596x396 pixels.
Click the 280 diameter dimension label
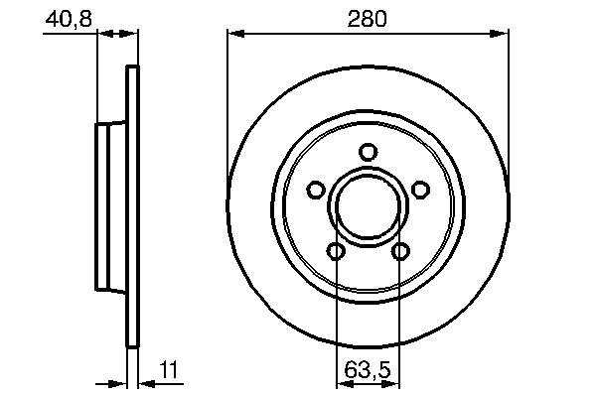(368, 19)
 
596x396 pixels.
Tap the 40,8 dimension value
(69, 19)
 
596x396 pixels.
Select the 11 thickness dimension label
(169, 370)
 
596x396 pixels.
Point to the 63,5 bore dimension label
(368, 370)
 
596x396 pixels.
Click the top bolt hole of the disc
(368, 152)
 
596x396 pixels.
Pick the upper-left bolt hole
(316, 190)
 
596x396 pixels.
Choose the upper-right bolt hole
(420, 190)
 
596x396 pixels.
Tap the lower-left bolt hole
(336, 251)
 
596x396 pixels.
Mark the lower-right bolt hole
(400, 251)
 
